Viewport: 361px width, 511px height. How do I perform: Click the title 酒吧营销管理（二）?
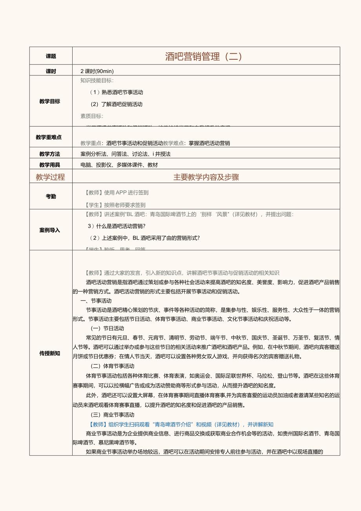204,57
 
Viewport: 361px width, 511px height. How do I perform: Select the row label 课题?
51,57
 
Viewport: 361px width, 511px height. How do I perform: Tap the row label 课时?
51,71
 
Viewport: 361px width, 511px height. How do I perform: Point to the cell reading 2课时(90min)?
97,71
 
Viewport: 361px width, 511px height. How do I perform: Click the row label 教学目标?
50,101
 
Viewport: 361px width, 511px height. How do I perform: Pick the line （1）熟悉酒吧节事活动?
117,92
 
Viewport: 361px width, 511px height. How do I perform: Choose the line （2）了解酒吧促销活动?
116,104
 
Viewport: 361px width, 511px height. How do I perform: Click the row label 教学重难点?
49,137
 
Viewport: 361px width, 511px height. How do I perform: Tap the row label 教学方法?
50,154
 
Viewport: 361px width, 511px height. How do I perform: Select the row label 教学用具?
50,165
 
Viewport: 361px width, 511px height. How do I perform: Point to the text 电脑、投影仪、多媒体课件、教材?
119,165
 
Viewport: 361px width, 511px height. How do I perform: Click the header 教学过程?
50,177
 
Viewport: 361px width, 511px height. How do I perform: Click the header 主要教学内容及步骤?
206,177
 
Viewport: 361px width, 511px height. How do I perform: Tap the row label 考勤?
51,197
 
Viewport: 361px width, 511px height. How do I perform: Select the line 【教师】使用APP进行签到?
117,192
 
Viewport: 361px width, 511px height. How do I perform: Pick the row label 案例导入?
50,230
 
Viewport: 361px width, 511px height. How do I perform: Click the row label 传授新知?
50,353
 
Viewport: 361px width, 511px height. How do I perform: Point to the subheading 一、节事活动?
90,300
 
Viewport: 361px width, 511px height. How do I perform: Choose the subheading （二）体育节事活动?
112,366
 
